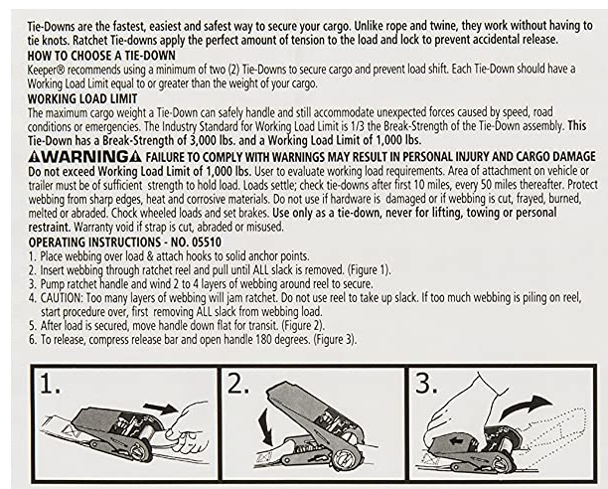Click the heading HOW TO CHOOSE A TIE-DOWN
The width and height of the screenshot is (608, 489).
101,56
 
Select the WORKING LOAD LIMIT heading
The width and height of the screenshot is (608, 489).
82,98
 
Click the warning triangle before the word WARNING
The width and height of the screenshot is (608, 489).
34,157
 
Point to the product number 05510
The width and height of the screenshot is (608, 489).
207,243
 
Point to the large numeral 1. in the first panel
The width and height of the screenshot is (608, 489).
51,385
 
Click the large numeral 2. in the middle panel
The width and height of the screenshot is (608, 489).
236,384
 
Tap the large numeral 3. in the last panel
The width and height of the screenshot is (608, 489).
426,384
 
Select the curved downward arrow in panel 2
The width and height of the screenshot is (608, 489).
265,427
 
